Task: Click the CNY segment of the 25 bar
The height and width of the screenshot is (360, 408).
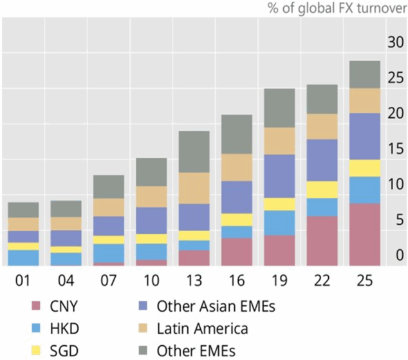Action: [x=365, y=234]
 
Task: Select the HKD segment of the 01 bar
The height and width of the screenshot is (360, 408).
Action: [x=24, y=258]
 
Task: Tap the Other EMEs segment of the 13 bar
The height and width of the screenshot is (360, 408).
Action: [x=194, y=152]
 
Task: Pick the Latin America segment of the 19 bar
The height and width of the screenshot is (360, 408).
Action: [x=280, y=140]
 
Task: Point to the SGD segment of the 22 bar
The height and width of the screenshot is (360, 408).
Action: [x=322, y=189]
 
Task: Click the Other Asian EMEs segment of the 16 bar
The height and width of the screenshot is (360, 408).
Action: [x=237, y=197]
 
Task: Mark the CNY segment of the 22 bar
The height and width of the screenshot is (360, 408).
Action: [x=322, y=241]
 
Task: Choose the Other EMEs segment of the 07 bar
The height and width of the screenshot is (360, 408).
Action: [x=109, y=187]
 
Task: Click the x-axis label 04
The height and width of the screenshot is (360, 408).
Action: [x=66, y=281]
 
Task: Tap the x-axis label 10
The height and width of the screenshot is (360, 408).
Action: [x=152, y=281]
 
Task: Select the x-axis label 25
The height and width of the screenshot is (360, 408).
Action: [x=365, y=281]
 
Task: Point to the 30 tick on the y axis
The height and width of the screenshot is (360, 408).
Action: [x=395, y=43]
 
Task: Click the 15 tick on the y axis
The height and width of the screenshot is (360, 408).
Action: [x=395, y=149]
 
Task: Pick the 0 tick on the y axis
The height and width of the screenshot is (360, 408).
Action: [x=398, y=256]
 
